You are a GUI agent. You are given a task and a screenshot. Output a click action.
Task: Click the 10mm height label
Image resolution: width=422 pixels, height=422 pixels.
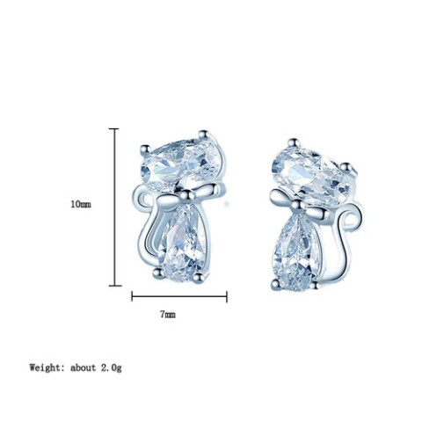(81, 204)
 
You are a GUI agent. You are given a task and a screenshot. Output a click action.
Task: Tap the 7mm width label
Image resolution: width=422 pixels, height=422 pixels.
(168, 315)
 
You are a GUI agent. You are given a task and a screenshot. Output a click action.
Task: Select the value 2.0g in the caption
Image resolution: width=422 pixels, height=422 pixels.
(112, 367)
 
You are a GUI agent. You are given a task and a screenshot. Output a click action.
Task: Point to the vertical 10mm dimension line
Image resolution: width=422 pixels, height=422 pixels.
(114, 207)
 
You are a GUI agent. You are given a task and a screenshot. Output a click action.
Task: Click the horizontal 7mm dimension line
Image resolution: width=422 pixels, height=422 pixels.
(179, 296)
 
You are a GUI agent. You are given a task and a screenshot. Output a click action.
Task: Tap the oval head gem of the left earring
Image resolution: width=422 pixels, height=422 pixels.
(182, 165)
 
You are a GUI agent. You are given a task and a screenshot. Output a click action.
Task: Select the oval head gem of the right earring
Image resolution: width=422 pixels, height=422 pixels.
(311, 175)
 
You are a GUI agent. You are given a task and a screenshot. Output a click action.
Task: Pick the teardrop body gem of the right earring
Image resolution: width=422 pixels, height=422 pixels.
(298, 253)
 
